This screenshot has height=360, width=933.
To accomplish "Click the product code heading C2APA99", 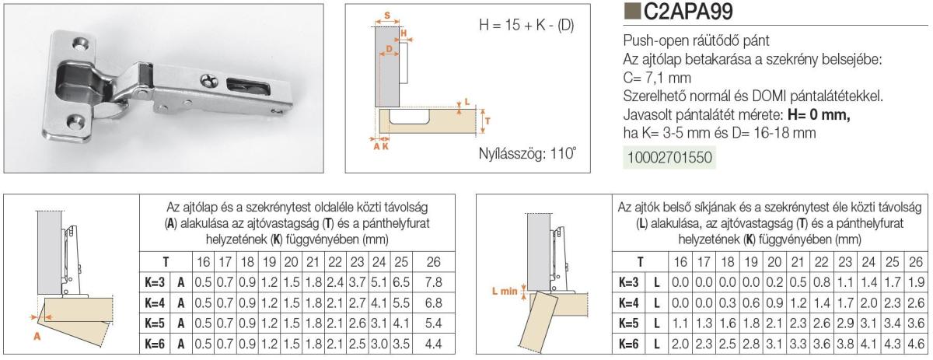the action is tap(688, 12).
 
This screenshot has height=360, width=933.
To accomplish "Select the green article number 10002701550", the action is tap(669, 158).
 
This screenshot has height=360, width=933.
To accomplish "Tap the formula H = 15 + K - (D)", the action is tap(526, 26).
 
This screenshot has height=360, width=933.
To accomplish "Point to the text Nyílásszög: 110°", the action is tap(527, 153).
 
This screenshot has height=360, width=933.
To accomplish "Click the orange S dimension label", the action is tap(387, 16).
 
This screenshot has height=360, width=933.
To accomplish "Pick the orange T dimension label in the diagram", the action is tap(487, 121).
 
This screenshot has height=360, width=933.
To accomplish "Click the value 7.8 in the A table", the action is tap(433, 282).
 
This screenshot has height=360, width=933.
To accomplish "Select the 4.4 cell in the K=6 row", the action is tap(433, 344).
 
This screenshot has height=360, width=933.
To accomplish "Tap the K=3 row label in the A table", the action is tap(155, 282).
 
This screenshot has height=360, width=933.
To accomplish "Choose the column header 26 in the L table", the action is tap(916, 262).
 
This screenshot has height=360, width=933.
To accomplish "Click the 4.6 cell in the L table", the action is tap(916, 344).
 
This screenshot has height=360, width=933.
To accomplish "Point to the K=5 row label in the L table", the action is tap(628, 323).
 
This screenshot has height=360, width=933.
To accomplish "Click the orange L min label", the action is tap(505, 291).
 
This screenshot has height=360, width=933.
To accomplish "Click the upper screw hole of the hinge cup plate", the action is tap(81, 44).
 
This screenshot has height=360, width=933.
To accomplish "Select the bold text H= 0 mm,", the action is tap(819, 114).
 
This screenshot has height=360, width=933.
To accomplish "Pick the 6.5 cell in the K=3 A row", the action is tap(401, 282).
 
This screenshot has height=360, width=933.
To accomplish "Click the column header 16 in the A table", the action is tap(203, 262).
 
